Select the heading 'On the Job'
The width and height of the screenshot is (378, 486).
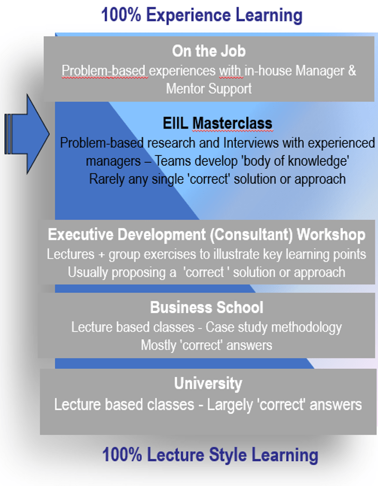208,51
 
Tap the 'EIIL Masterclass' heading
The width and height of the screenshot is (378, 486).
217,124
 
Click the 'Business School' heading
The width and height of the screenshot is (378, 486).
206,307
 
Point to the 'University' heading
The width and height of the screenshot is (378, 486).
208,383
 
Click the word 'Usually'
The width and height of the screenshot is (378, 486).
91,272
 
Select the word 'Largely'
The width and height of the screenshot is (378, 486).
229,405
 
